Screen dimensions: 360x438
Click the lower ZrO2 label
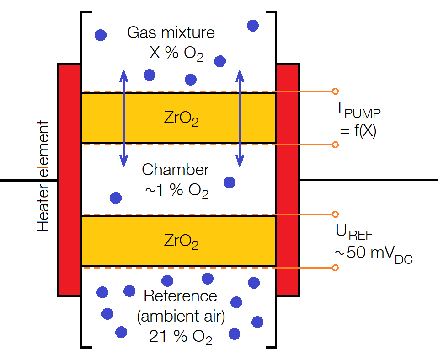[x=181, y=241]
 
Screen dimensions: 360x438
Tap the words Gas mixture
[x=171, y=33]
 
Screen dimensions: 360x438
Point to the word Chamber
[x=176, y=170]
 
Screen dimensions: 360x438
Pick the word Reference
[x=180, y=296]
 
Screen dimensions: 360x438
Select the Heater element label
[x=43, y=176]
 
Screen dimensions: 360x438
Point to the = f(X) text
[x=358, y=132]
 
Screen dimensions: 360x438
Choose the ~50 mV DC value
[x=373, y=254]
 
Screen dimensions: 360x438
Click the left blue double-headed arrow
[x=123, y=118]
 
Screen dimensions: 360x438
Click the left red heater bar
[x=69, y=180]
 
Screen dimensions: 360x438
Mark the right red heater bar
[x=288, y=180]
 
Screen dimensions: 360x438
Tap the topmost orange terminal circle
[x=335, y=91]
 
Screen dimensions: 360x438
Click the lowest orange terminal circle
[x=335, y=268]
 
